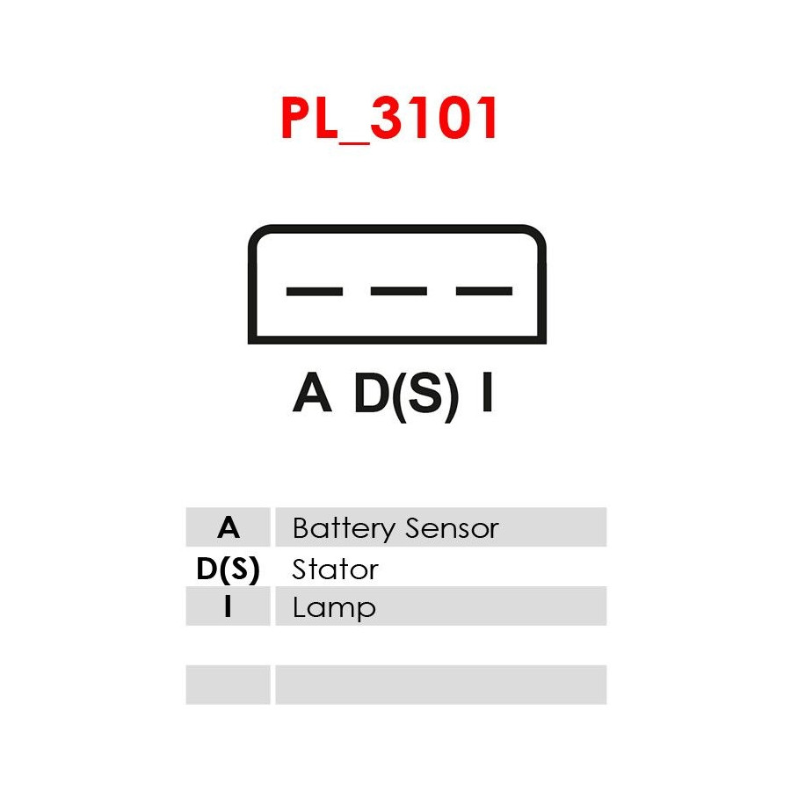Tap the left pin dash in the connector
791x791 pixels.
314,291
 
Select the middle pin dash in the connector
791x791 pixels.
398,291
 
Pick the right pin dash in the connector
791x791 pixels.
483,291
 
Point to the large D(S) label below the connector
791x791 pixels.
406,394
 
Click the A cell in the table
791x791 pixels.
228,527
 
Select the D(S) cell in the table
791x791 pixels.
228,569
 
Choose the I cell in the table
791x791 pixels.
228,606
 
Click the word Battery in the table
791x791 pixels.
344,528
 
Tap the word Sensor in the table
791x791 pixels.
452,528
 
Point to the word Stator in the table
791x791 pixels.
335,569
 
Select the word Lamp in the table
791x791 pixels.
334,608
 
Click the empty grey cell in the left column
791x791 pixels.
228,684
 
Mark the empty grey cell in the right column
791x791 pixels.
440,684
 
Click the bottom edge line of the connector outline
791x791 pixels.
397,340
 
